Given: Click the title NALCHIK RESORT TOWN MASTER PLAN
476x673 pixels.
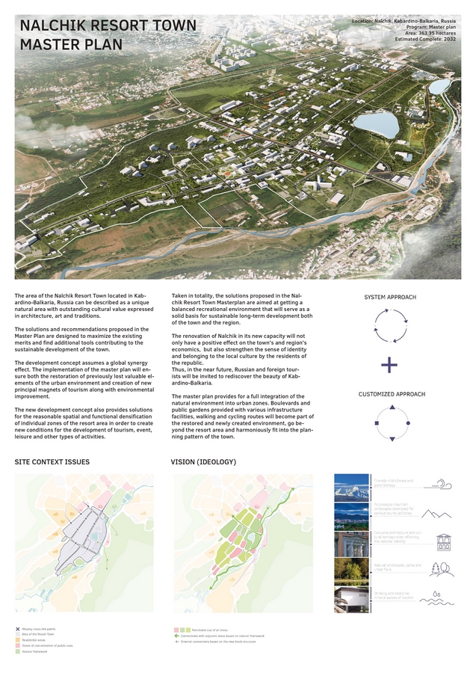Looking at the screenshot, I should pos(108,34).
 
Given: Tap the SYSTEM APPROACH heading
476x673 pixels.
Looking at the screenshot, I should pos(390,297).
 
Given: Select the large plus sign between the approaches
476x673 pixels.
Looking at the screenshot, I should pos(389,365).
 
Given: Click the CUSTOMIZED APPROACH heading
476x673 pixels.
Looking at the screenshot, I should pos(392,394).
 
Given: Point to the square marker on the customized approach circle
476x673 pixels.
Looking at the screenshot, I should pos(377,424).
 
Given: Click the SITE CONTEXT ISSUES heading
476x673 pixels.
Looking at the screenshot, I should pos(52,462).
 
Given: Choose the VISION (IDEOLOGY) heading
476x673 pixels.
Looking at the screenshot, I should pos(204,462).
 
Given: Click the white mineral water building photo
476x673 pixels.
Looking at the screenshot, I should pos(350,600).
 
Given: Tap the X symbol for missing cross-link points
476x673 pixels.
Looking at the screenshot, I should pos(17,629).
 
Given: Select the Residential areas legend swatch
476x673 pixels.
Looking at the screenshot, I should pos(17,640).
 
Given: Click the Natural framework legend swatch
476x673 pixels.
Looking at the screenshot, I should pos(17,651).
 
